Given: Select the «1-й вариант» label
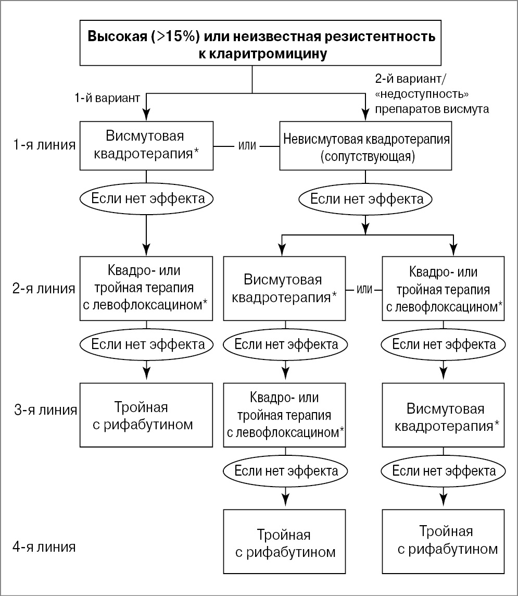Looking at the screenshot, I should click(108, 98).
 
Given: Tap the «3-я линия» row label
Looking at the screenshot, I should click(45, 410).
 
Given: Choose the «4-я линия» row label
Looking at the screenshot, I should click(44, 547).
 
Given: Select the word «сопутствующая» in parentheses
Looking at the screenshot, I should click(367, 157).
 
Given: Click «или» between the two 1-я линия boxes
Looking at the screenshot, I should click(246, 146).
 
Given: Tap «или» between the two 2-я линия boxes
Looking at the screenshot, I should click(364, 289).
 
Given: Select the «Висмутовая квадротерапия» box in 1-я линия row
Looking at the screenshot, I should click(146, 146).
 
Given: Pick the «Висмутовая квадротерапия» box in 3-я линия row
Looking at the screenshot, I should click(444, 415).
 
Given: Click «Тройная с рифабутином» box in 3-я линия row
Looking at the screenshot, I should click(146, 415).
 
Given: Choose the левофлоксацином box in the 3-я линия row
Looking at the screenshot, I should click(284, 415).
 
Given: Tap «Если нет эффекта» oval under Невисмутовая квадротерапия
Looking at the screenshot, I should click(365, 198).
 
